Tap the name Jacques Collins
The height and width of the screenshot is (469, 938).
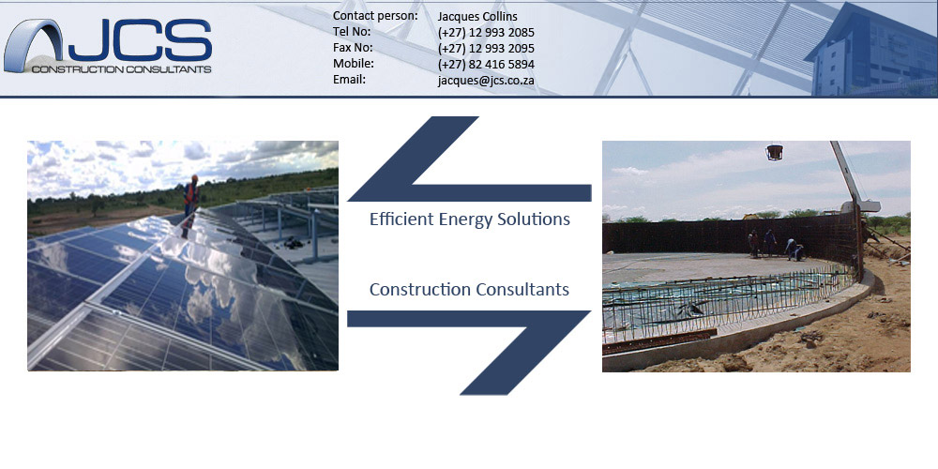coord(477,17)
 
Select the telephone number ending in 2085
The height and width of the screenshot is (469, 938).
coord(486,32)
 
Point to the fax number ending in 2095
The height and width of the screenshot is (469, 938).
coord(486,49)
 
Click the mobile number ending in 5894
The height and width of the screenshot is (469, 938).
coord(486,64)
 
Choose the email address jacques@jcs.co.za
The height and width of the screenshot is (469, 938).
coord(486,81)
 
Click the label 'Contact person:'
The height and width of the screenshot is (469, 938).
coord(375,16)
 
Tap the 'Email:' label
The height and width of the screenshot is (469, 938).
coord(349,79)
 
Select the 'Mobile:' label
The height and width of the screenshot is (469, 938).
coord(354,63)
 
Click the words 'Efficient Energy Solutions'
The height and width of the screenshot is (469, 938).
coord(470,219)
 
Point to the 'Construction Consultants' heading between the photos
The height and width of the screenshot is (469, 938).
coord(469,290)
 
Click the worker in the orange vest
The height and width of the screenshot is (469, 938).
coord(190,195)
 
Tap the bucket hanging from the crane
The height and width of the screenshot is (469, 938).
coord(774,152)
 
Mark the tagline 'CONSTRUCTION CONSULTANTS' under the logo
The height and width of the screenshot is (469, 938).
coord(121,69)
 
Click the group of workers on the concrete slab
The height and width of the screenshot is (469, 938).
coord(776,244)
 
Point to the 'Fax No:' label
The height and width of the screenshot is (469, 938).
coord(353,47)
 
